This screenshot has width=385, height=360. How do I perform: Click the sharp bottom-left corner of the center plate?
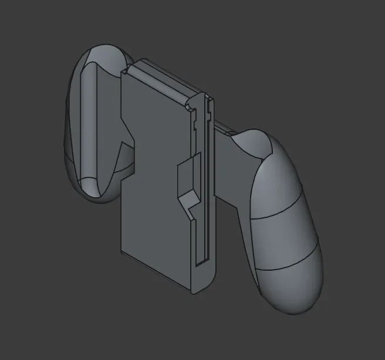pos(121,253)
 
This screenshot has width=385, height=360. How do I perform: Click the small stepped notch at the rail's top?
pos(193,107)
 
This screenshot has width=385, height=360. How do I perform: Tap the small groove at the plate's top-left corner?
pos(125,71)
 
